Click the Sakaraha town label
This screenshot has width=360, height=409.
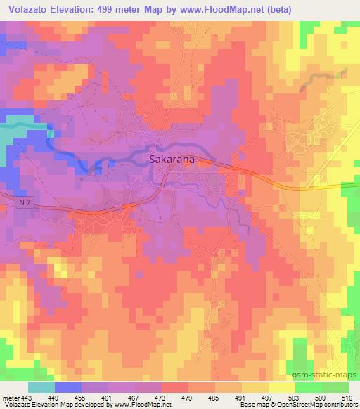[172, 160]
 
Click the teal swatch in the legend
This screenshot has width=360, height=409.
[41, 387]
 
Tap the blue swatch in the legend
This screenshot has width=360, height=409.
[68, 387]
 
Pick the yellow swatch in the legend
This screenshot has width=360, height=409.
[282, 387]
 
